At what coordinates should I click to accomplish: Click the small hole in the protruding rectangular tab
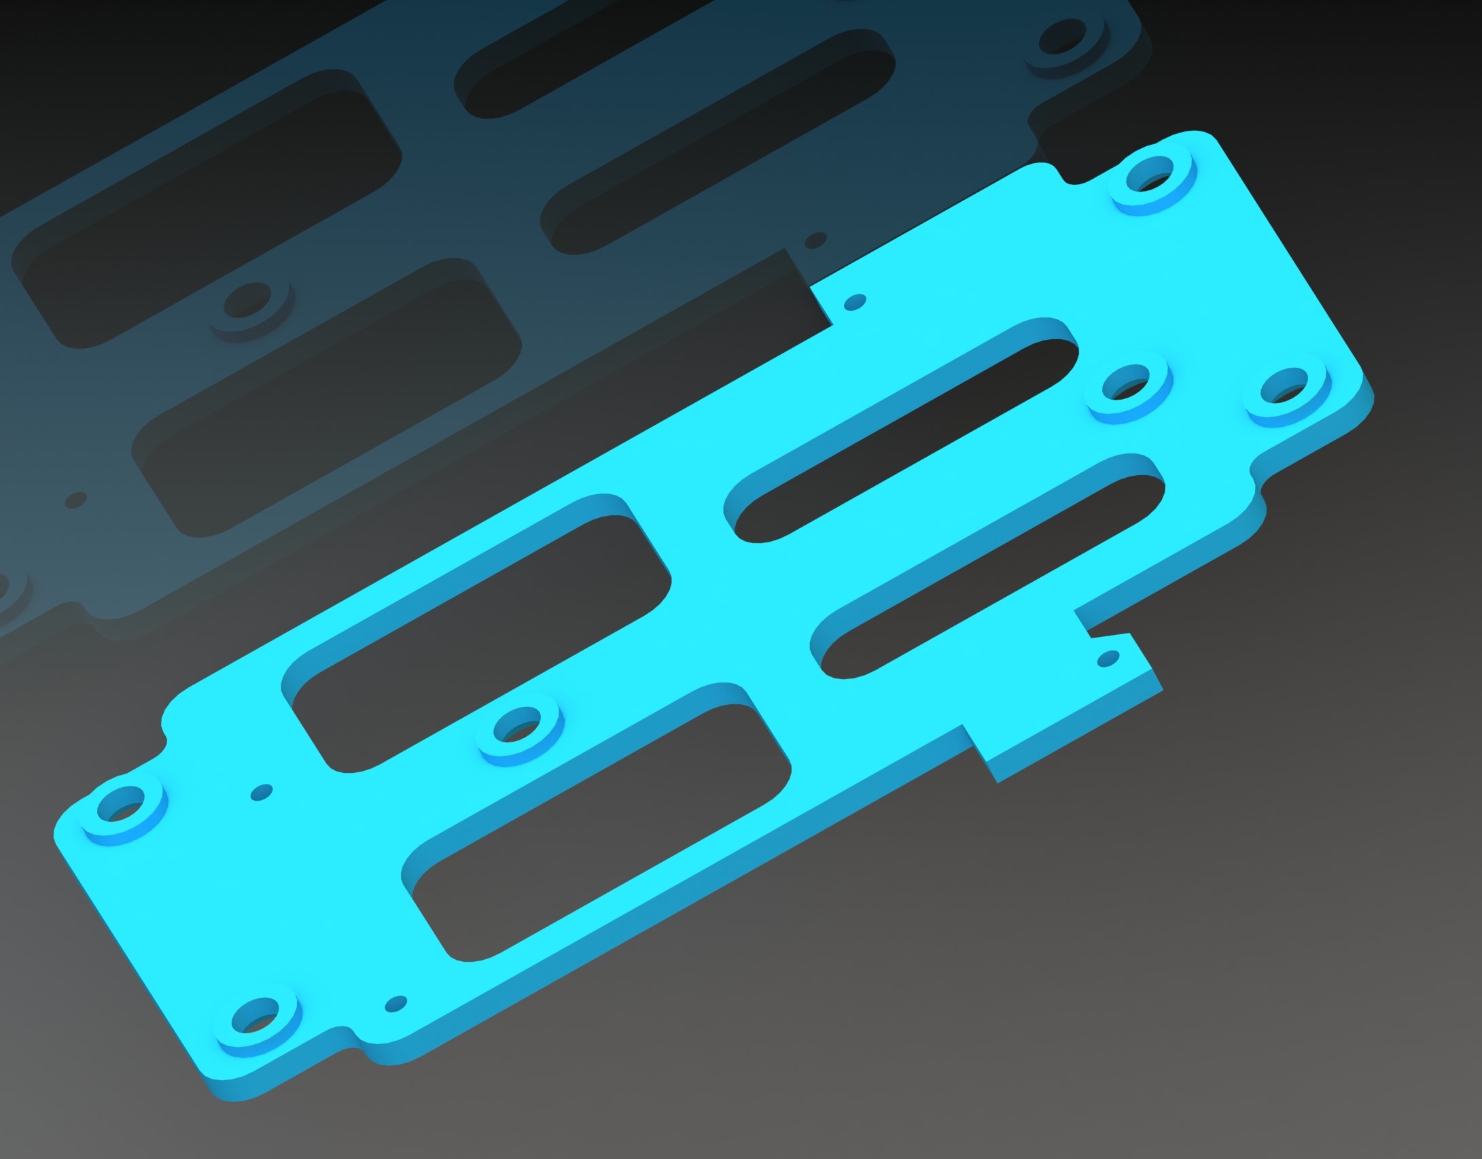tap(1108, 657)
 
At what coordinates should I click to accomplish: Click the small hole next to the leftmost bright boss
tap(262, 792)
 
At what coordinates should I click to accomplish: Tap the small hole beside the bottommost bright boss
tap(396, 1003)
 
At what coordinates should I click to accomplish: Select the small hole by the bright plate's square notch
tap(858, 300)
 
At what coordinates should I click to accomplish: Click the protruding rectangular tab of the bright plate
tap(1060, 700)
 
